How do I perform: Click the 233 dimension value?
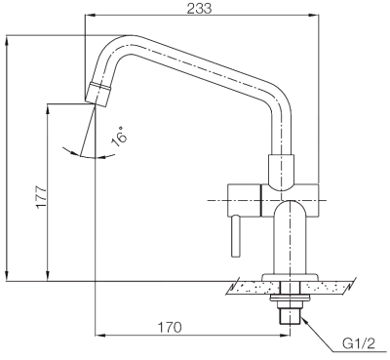click(199, 8)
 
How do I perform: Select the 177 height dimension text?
click(42, 197)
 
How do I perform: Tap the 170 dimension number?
click(170, 327)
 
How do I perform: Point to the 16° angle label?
click(119, 137)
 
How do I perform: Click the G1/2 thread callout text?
click(359, 343)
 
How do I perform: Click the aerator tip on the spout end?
click(97, 94)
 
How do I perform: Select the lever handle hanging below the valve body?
click(236, 236)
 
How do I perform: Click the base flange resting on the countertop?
click(290, 277)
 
